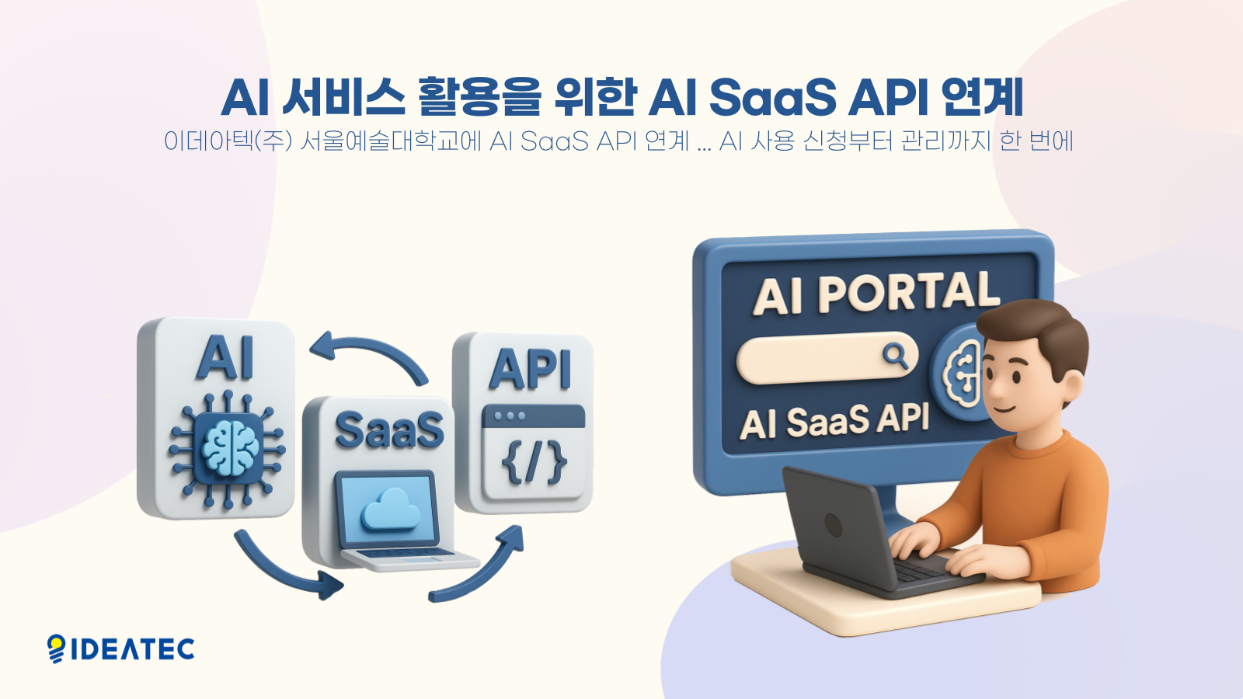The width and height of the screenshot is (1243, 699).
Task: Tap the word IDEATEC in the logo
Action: pyautogui.click(x=133, y=649)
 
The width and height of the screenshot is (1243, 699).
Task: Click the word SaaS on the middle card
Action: pyautogui.click(x=389, y=429)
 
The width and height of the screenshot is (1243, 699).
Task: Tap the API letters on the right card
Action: pyautogui.click(x=530, y=369)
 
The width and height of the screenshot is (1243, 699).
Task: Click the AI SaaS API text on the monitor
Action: pyautogui.click(x=834, y=422)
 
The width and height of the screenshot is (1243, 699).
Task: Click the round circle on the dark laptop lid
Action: pyautogui.click(x=833, y=524)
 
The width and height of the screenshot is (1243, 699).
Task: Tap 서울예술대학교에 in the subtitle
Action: pyautogui.click(x=391, y=141)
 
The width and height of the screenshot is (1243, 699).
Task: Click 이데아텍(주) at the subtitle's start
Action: pyautogui.click(x=228, y=141)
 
